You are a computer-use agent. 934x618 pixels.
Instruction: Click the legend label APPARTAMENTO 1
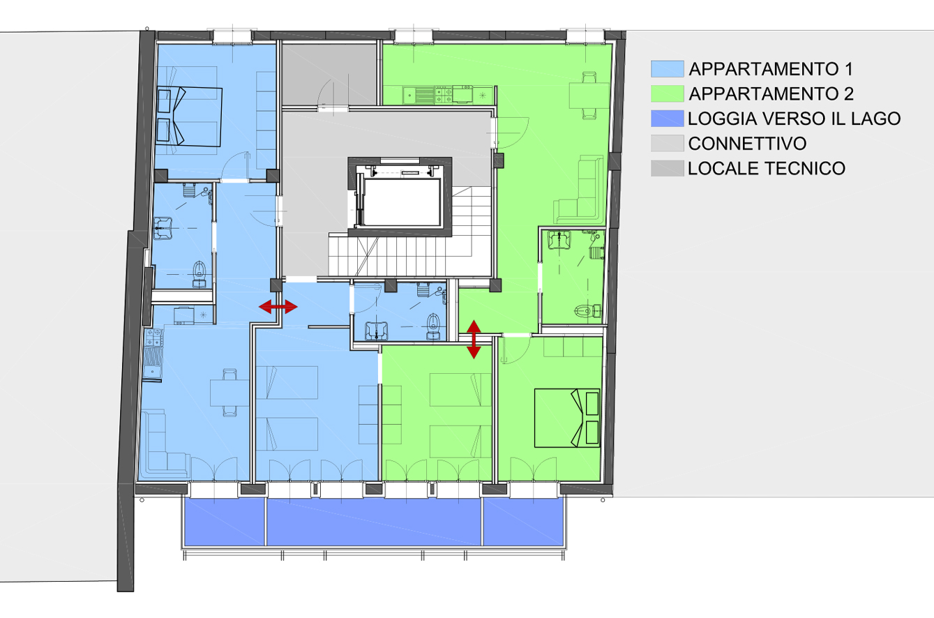click(771, 69)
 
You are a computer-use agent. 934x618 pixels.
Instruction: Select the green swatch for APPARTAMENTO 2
click(667, 94)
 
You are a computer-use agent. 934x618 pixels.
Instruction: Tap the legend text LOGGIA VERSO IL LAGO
click(794, 119)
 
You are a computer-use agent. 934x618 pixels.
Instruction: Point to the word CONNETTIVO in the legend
click(747, 144)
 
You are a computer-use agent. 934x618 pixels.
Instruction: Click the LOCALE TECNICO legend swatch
click(667, 169)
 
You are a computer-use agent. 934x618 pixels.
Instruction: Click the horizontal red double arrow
click(278, 307)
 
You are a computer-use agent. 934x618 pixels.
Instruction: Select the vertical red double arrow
click(474, 340)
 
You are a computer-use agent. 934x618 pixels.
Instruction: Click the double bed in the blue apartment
click(189, 116)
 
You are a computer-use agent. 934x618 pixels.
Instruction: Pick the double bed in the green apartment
click(567, 418)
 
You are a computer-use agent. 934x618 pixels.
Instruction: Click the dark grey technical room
click(329, 74)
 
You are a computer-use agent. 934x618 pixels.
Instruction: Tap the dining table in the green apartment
click(589, 96)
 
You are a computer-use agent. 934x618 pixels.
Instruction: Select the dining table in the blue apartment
click(229, 393)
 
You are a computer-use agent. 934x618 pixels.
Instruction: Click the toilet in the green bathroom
click(588, 310)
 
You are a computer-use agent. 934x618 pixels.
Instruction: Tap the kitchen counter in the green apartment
click(438, 95)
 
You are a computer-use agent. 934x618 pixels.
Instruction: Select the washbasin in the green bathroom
click(559, 240)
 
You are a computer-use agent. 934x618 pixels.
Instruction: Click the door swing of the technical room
click(325, 93)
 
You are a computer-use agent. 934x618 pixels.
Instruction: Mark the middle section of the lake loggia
click(374, 522)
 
